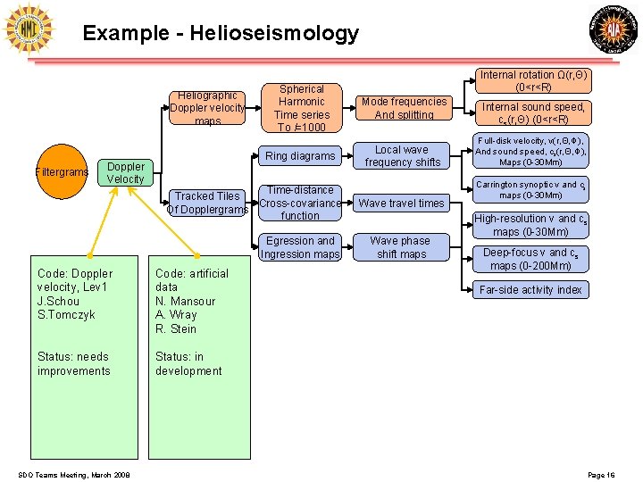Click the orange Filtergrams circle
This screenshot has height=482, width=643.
pyautogui.click(x=62, y=172)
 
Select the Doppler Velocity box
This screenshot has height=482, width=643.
pyautogui.click(x=125, y=172)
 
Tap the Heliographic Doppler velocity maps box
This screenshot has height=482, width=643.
pyautogui.click(x=207, y=108)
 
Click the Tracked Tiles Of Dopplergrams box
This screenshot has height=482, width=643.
pyautogui.click(x=207, y=203)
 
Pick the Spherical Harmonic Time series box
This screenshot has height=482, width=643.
pyautogui.click(x=302, y=108)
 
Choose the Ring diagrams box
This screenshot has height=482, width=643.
pyautogui.click(x=300, y=156)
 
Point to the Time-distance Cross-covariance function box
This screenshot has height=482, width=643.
pyautogui.click(x=300, y=203)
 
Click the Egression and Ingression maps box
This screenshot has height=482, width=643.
pyautogui.click(x=300, y=247)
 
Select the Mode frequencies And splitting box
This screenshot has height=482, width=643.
pyautogui.click(x=404, y=108)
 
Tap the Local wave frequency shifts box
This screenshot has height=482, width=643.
pyautogui.click(x=402, y=156)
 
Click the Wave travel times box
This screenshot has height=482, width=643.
pyautogui.click(x=401, y=204)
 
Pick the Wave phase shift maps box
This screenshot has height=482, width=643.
pyautogui.click(x=401, y=247)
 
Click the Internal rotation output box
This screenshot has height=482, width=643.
pyautogui.click(x=533, y=81)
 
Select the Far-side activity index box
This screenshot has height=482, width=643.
pyautogui.click(x=530, y=289)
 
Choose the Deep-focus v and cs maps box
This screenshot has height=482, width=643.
pyautogui.click(x=530, y=259)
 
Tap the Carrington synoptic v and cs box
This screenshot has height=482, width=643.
pyautogui.click(x=530, y=190)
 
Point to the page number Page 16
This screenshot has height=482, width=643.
pyautogui.click(x=601, y=474)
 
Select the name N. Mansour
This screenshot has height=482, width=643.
pyautogui.click(x=187, y=301)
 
